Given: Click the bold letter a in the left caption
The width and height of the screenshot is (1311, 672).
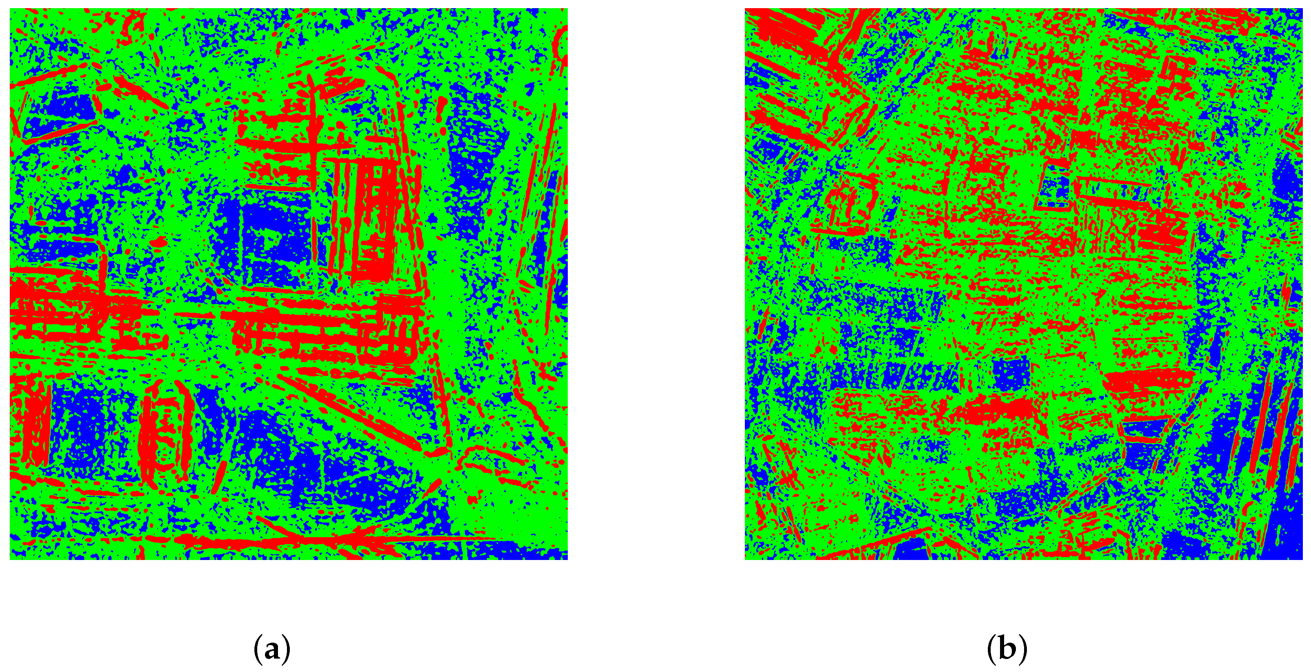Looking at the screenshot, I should (x=272, y=650).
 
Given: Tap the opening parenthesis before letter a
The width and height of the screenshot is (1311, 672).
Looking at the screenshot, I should (x=257, y=650).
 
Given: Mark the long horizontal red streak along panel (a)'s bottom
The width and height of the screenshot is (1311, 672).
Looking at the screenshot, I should (x=326, y=540).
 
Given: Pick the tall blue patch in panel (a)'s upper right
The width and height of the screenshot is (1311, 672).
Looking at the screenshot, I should (x=473, y=153).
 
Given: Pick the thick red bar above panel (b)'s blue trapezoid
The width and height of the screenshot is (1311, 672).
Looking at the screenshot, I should (x=1148, y=379).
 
